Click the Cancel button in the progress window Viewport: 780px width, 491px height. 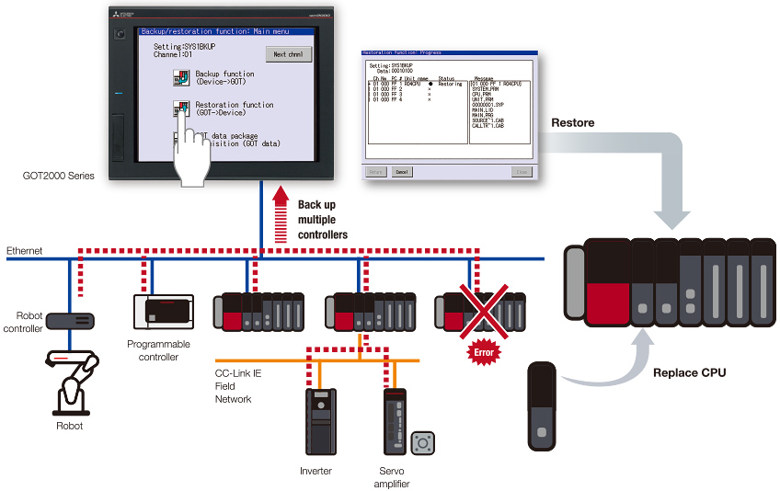(x=402, y=172)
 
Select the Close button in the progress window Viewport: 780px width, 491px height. (x=522, y=172)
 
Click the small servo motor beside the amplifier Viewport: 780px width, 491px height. (x=423, y=444)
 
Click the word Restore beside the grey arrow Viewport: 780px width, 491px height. (x=572, y=122)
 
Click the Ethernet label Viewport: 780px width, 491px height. (x=25, y=251)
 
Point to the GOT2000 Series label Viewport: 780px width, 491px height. (x=58, y=176)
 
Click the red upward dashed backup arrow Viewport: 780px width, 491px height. (x=281, y=209)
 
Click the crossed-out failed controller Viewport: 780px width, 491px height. (x=479, y=313)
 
